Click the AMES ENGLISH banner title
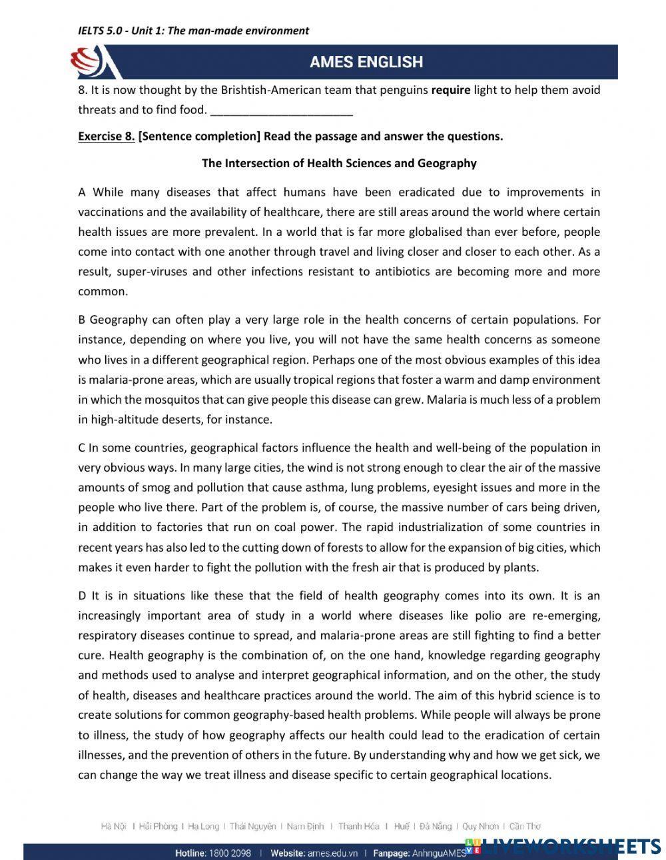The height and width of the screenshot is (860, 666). (366, 62)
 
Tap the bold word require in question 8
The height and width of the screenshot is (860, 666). (450, 90)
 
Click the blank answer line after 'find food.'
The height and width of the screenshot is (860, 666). (281, 111)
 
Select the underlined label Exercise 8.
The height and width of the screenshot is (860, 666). (106, 137)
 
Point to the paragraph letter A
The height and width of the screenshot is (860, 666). (82, 193)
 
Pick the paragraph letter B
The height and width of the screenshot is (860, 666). (82, 320)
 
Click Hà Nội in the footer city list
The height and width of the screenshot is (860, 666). (113, 827)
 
